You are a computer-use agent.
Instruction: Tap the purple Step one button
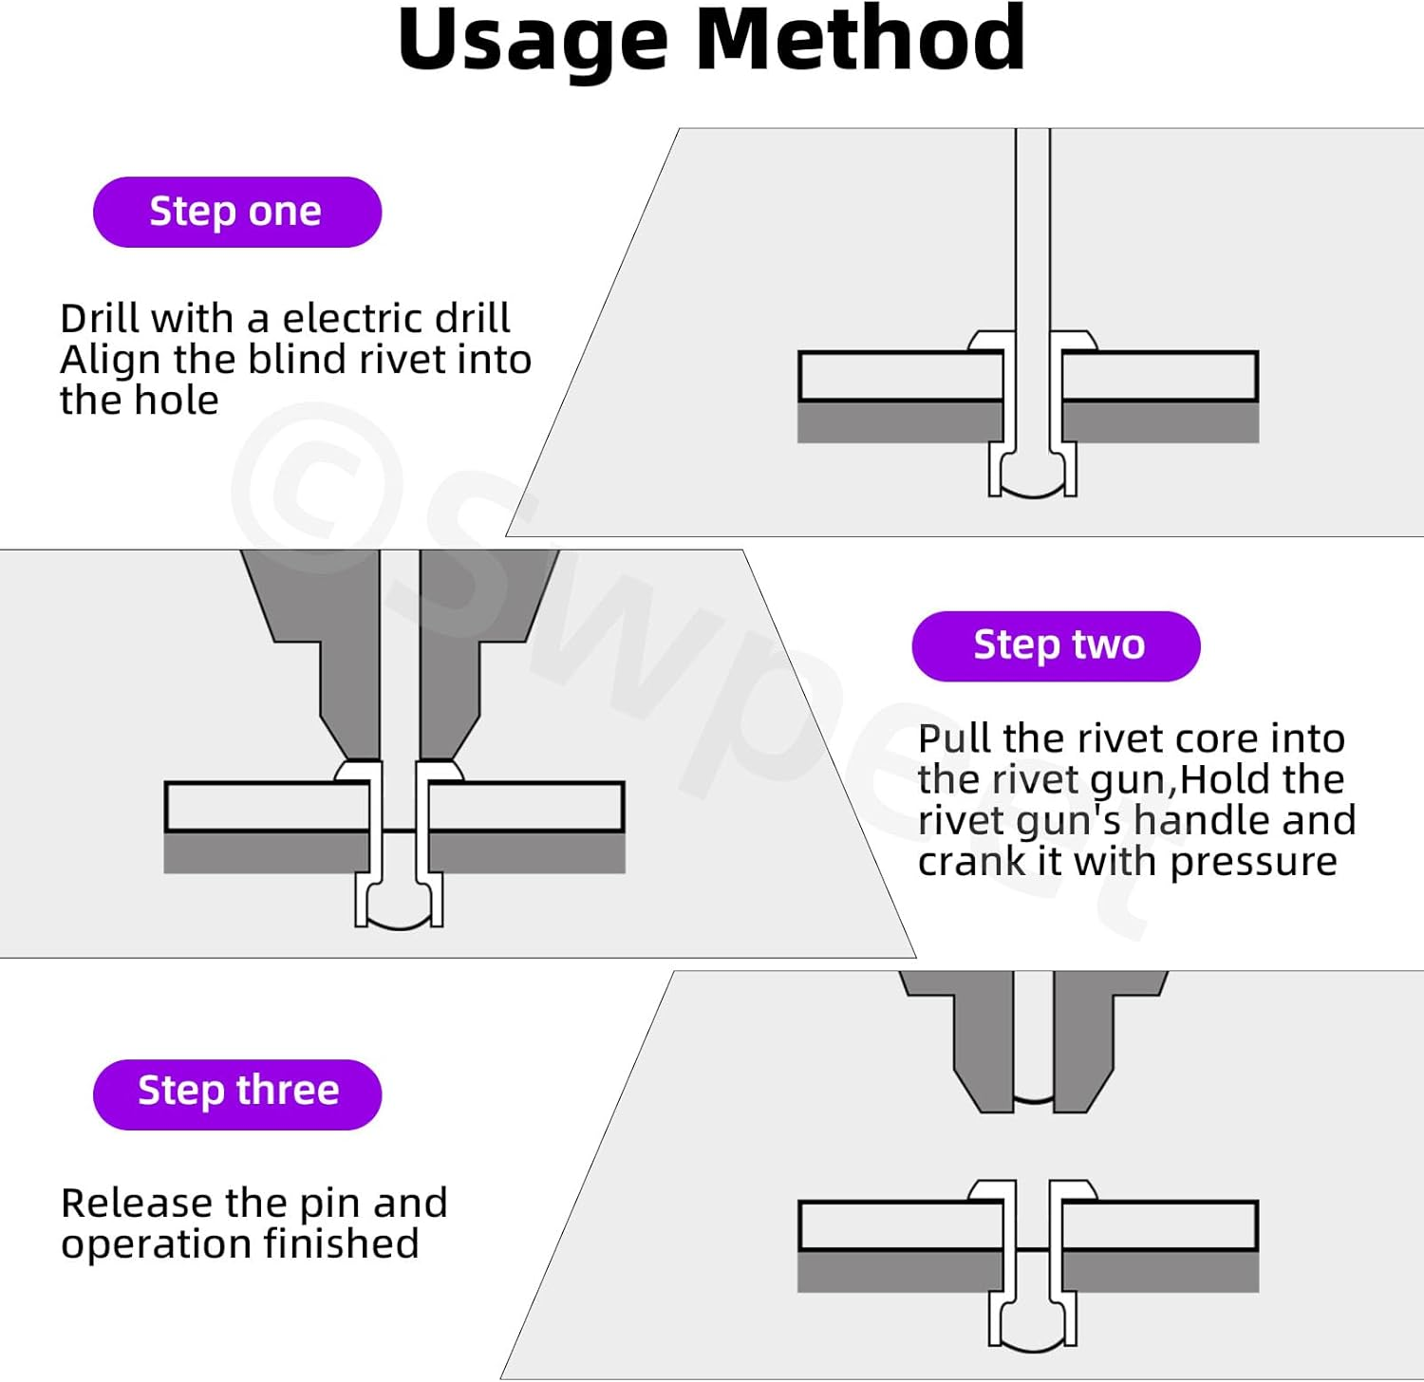[237, 212]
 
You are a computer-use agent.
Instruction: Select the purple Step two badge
[1056, 645]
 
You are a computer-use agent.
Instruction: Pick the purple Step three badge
[237, 1093]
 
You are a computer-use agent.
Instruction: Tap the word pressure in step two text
[1253, 862]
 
